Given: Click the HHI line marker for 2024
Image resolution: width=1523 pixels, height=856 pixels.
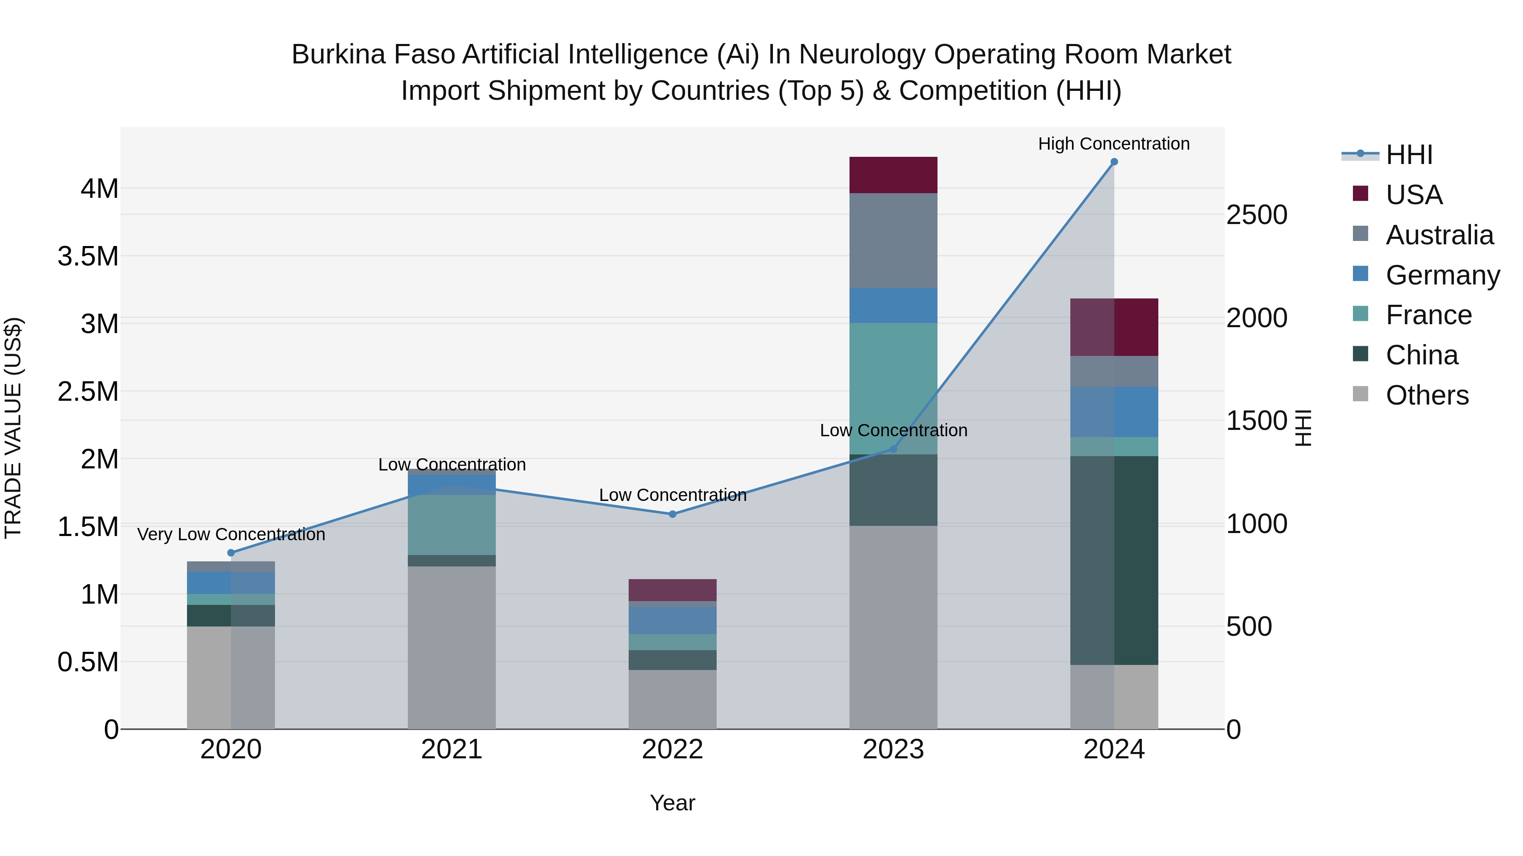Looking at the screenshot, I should (x=1114, y=162).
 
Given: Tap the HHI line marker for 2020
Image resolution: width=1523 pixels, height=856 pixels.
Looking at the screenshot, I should (x=231, y=553).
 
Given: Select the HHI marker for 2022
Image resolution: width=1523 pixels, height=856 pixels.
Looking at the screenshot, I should (x=672, y=514).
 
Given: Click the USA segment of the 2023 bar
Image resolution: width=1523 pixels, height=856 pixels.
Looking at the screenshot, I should (x=893, y=175).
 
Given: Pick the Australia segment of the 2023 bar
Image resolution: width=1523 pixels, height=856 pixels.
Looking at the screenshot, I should (x=893, y=241).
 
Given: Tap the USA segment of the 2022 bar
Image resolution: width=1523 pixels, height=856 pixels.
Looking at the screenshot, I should (x=672, y=590).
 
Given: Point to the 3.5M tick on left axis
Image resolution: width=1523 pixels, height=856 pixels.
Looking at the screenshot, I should (x=88, y=257).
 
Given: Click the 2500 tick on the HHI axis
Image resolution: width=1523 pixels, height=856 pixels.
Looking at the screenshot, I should (x=1256, y=215).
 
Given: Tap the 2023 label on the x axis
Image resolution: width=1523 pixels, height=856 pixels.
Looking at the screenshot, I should (x=893, y=749).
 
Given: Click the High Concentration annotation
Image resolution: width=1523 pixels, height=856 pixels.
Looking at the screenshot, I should (x=1114, y=144).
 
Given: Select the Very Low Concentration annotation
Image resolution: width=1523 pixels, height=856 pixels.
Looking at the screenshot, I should (x=231, y=534).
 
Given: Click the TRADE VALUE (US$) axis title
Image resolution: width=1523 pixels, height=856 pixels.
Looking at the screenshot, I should (x=14, y=428).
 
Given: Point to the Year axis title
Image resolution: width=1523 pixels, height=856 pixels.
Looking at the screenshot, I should (x=672, y=803).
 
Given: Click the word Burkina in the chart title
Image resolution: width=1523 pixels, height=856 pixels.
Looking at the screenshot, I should (x=337, y=55).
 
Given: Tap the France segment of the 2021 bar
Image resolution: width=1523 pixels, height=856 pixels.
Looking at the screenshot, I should (x=452, y=525).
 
